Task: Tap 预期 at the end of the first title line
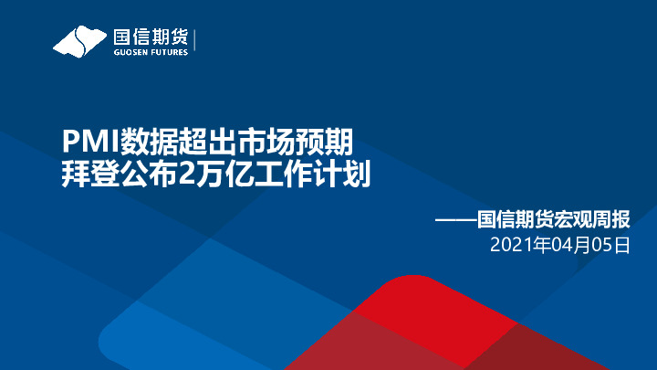pos(326,142)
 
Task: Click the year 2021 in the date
pos(512,245)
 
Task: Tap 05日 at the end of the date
pos(611,245)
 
